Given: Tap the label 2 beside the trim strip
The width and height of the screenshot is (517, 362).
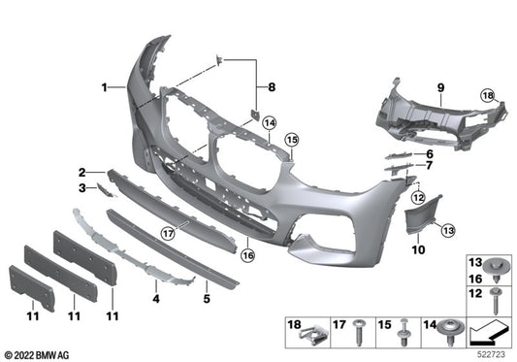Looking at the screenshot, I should tap(84, 171).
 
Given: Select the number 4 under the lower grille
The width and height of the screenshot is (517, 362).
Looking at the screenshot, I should tap(155, 286).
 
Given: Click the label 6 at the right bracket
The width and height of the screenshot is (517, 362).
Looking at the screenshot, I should tap(428, 153).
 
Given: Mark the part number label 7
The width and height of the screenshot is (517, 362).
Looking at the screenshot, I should tap(428, 166).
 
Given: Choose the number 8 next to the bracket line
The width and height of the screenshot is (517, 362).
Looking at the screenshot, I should tap(273, 88).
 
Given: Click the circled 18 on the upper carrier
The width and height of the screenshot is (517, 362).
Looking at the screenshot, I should tap(489, 95).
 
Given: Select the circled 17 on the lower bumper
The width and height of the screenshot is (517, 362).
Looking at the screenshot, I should tap(168, 232).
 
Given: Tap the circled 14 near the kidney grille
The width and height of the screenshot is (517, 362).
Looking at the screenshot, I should tap(269, 123).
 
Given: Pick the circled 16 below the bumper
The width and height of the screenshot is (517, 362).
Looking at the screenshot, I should tap(248, 256).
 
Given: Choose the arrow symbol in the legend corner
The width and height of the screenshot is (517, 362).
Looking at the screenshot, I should tap(491, 332).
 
